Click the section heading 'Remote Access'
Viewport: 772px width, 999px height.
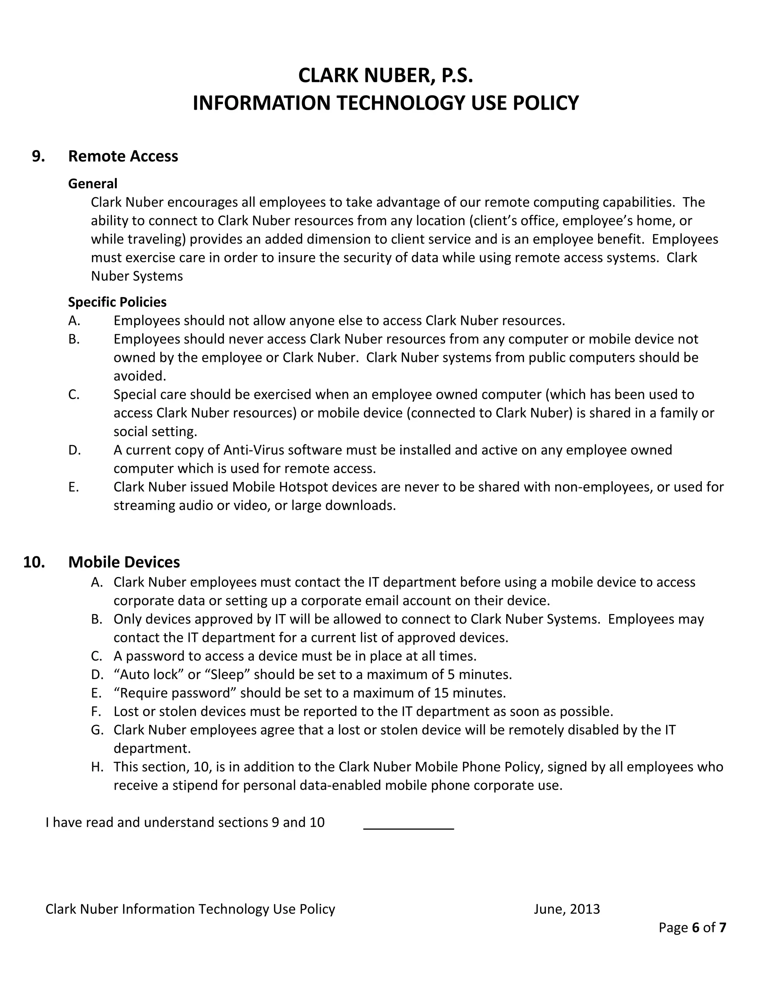click(x=123, y=156)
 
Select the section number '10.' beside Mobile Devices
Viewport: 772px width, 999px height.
click(x=34, y=562)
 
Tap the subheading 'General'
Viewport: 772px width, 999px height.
click(x=93, y=184)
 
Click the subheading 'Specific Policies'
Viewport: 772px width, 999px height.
click(x=117, y=302)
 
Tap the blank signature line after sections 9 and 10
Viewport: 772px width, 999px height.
click(x=408, y=823)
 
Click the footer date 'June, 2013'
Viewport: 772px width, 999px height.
click(x=567, y=909)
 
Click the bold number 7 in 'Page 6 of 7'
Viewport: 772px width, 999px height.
click(x=722, y=927)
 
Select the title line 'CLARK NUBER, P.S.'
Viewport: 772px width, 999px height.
click(x=386, y=75)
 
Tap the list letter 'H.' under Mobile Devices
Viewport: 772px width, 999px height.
click(x=97, y=767)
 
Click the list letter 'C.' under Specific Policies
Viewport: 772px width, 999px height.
click(x=74, y=394)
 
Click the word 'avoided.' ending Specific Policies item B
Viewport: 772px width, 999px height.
click(x=140, y=376)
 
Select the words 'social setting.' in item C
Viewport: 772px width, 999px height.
click(x=156, y=431)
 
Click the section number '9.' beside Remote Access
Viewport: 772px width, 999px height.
click(x=38, y=156)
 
